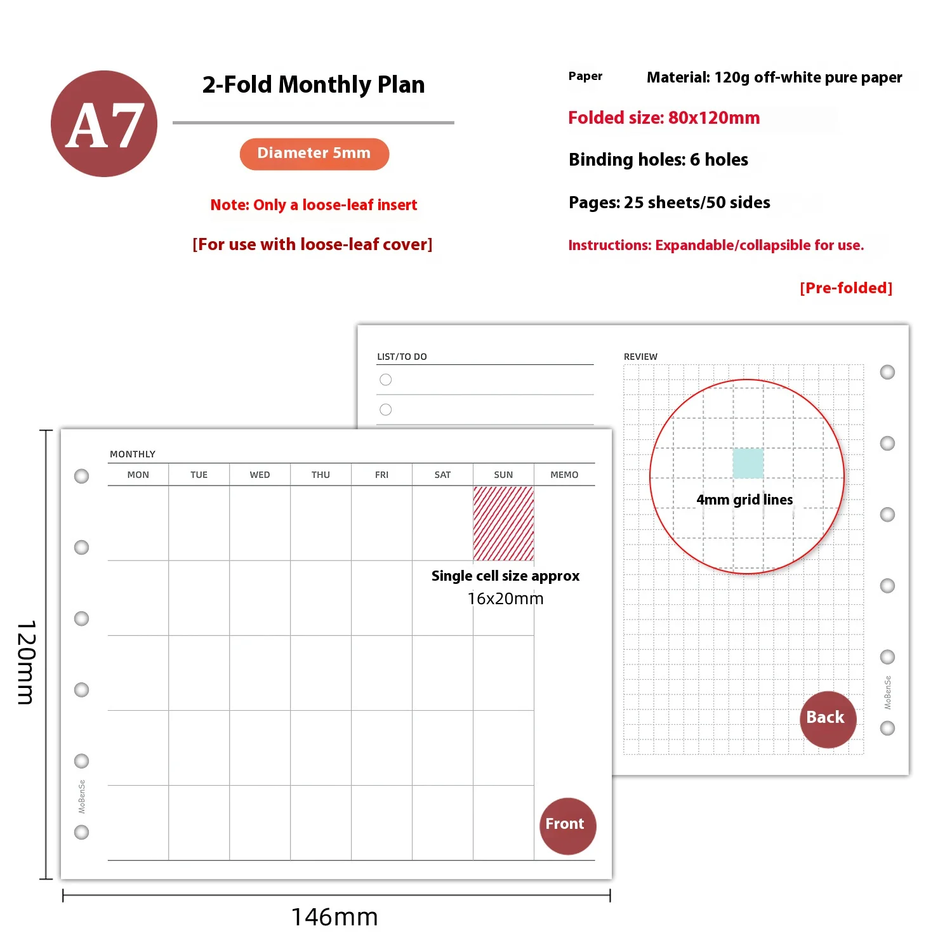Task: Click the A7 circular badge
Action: pyautogui.click(x=104, y=124)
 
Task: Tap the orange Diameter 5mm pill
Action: pyautogui.click(x=314, y=154)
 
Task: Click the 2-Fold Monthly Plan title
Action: pyautogui.click(x=314, y=84)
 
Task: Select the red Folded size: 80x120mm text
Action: pyautogui.click(x=664, y=118)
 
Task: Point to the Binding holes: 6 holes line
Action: pyautogui.click(x=658, y=159)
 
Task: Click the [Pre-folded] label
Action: pyautogui.click(x=846, y=288)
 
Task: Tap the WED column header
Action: pyautogui.click(x=260, y=475)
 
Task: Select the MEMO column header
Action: pyautogui.click(x=564, y=475)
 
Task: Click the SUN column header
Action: pyautogui.click(x=503, y=475)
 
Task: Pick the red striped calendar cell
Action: pyautogui.click(x=503, y=523)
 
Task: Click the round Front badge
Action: pyautogui.click(x=567, y=826)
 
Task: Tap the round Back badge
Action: pyautogui.click(x=828, y=719)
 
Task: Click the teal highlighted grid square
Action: pyautogui.click(x=748, y=463)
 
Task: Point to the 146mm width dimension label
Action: pyautogui.click(x=334, y=917)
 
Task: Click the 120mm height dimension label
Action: pyautogui.click(x=25, y=663)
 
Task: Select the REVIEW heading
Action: pyautogui.click(x=640, y=357)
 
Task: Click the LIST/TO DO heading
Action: pyautogui.click(x=402, y=357)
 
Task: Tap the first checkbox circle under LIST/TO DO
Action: pyautogui.click(x=386, y=380)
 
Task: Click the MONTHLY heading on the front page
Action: pyautogui.click(x=133, y=454)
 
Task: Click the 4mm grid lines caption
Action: pyautogui.click(x=744, y=500)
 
